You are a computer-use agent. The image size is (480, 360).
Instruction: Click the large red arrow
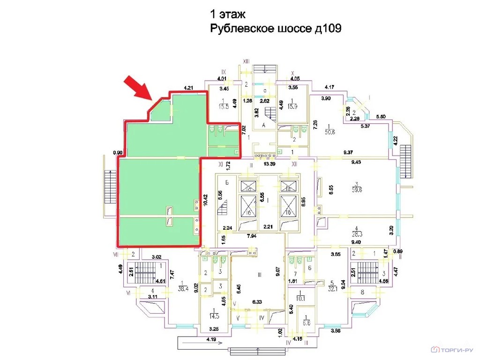click(139, 89)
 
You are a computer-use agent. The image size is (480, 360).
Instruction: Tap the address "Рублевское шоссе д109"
click(275, 29)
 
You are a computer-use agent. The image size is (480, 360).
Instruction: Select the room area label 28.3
click(358, 234)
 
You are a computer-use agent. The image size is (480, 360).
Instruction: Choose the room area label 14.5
click(215, 315)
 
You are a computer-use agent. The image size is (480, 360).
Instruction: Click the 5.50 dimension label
click(381, 116)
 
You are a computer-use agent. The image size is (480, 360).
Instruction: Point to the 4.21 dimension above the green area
click(189, 87)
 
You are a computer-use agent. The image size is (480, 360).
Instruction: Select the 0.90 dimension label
click(118, 152)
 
